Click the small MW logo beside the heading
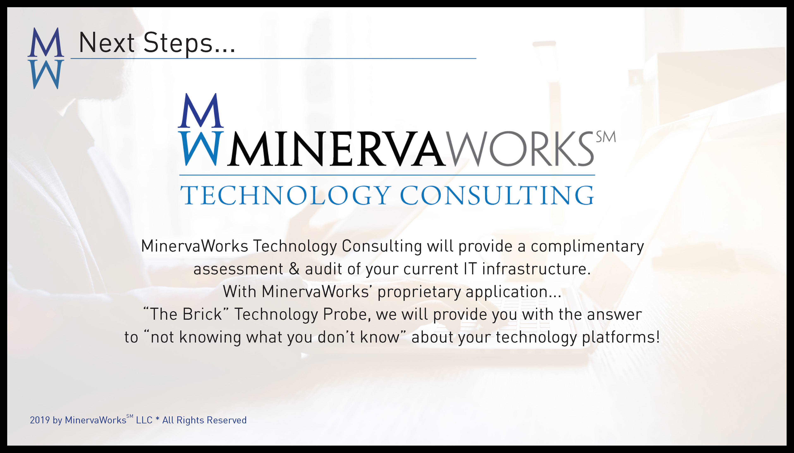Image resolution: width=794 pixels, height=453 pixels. (x=46, y=58)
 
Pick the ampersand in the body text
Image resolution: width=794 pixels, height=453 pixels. (x=294, y=269)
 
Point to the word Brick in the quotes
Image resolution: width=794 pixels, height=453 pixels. (x=202, y=314)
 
